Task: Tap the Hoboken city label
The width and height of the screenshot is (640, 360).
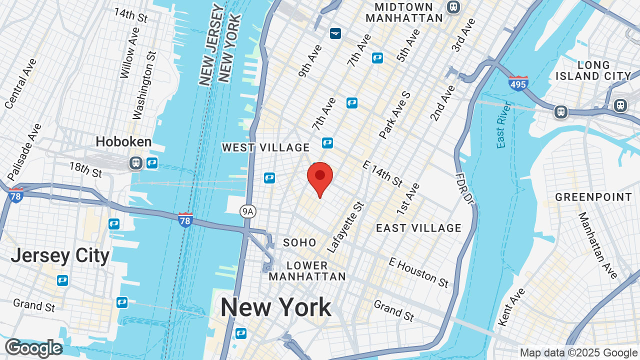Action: click(123, 142)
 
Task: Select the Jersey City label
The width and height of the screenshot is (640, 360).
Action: click(60, 255)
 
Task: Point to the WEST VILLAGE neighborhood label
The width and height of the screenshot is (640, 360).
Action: click(266, 147)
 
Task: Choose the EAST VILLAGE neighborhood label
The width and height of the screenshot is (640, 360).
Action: click(418, 228)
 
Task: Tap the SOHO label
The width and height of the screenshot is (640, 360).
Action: click(299, 242)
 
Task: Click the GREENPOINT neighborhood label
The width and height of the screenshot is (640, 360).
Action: click(593, 197)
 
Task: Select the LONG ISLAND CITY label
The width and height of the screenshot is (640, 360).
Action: click(593, 70)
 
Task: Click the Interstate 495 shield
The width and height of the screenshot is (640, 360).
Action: click(518, 83)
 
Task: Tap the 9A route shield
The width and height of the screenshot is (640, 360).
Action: click(247, 211)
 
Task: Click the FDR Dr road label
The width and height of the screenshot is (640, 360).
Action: click(463, 188)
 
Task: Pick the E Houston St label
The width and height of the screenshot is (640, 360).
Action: click(418, 272)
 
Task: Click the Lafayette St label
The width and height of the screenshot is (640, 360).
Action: click(345, 226)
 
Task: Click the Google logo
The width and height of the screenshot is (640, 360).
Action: click(33, 348)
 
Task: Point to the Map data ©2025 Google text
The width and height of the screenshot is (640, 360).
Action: click(578, 352)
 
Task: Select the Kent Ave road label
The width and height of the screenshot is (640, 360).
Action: click(511, 306)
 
